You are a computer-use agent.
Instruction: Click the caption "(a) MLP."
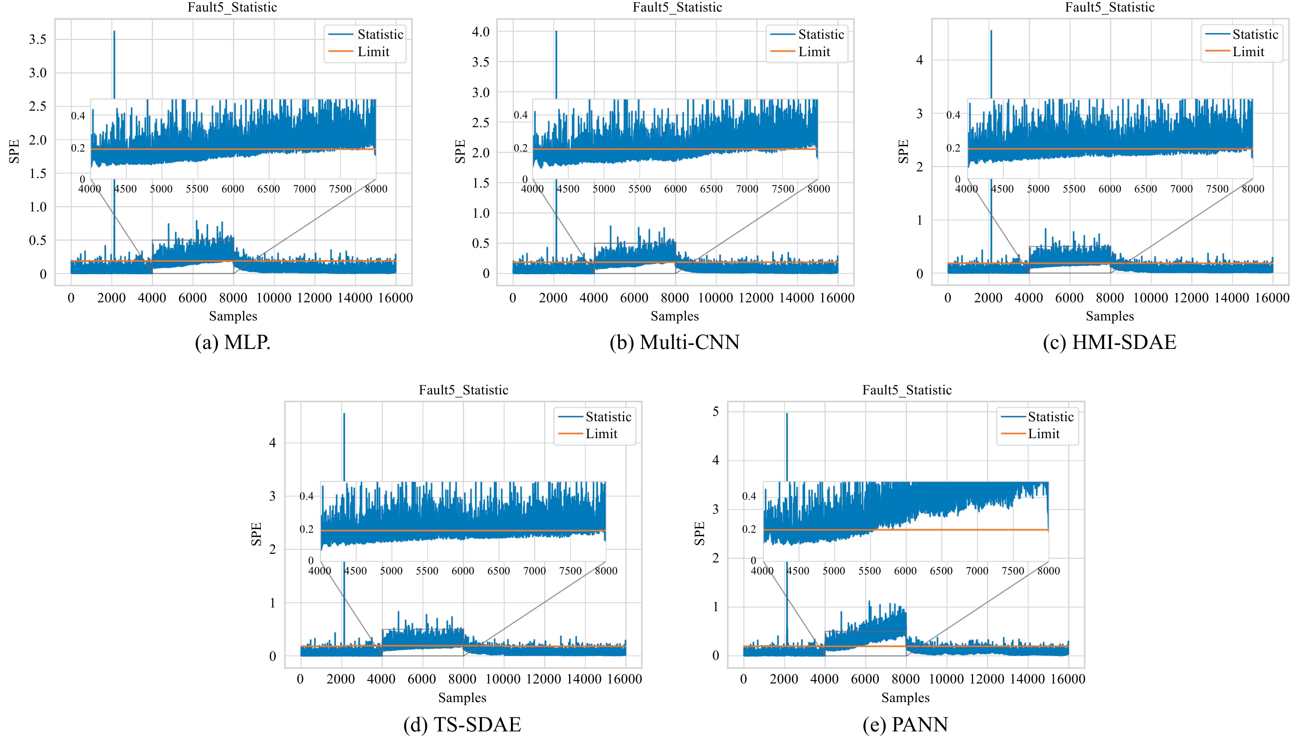point(232,343)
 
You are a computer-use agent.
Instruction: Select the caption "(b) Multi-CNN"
point(675,343)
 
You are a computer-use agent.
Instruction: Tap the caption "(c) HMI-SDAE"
point(1109,343)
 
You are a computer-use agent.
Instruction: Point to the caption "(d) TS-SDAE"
point(462,724)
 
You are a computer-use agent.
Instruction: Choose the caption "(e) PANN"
point(905,724)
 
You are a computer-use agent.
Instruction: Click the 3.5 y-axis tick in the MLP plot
point(38,40)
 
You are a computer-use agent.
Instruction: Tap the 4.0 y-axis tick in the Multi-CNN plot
point(481,32)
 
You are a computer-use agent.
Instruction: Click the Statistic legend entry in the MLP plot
point(380,34)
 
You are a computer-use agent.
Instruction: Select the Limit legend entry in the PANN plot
point(1043,434)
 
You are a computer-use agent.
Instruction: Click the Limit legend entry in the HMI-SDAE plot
point(1248,52)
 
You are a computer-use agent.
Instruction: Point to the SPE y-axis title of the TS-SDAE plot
point(256,534)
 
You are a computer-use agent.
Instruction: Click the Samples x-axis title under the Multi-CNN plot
point(675,316)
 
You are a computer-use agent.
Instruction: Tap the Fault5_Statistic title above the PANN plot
point(907,390)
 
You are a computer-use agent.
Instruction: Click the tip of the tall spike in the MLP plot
point(114,31)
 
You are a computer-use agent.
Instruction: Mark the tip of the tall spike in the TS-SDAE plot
point(344,414)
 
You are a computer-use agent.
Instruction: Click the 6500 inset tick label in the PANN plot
point(941,571)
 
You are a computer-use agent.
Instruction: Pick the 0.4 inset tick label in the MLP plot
point(78,116)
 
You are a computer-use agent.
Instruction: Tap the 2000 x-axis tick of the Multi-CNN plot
point(553,298)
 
